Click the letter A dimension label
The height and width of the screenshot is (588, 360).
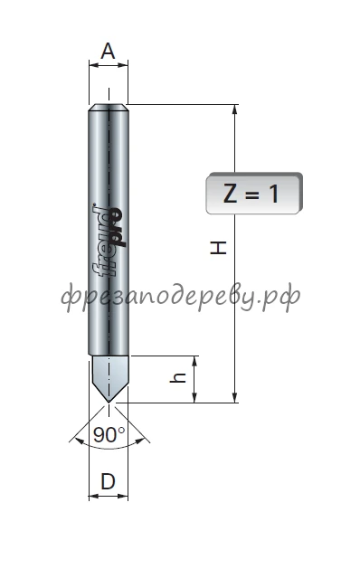tap(108, 52)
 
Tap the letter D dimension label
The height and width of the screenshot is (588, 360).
tap(108, 481)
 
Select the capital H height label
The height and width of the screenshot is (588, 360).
tap(218, 248)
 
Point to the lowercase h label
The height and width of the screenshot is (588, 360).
tap(178, 377)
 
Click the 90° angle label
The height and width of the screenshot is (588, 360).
tap(109, 434)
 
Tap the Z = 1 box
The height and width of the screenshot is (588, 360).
tap(254, 194)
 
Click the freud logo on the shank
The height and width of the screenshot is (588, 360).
tap(109, 240)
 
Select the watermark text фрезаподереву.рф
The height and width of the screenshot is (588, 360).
tap(181, 296)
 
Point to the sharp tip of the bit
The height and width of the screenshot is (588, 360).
tap(109, 403)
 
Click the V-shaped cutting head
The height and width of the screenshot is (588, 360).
tap(109, 378)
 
